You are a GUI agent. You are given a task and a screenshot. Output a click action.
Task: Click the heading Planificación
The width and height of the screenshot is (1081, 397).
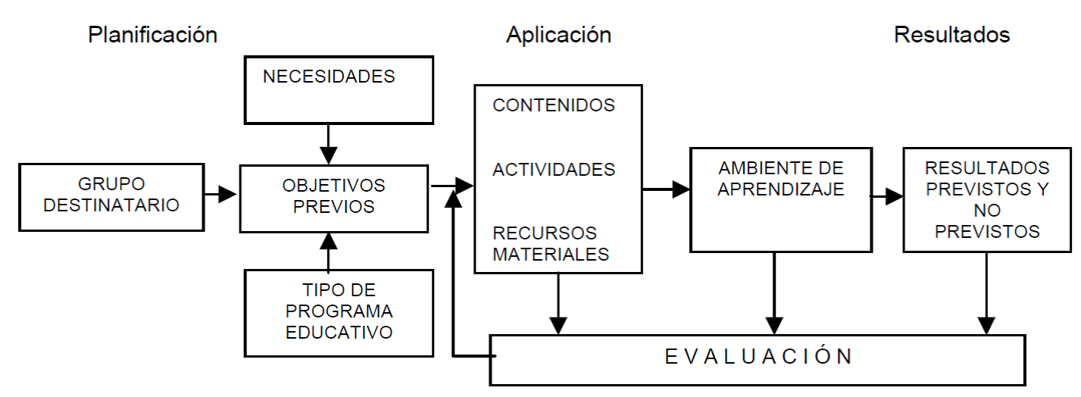coord(153,35)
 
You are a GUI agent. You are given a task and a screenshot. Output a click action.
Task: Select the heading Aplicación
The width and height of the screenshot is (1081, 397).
coord(558,35)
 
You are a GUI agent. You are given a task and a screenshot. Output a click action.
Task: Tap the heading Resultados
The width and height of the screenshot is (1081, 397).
coord(951,35)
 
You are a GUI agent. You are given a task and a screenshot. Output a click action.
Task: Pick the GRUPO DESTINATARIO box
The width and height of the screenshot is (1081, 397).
coord(111,196)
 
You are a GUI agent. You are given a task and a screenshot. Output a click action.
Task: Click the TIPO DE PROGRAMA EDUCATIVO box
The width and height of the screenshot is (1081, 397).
coord(339,311)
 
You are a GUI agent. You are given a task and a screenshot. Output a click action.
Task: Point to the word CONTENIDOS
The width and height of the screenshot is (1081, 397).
coord(554,105)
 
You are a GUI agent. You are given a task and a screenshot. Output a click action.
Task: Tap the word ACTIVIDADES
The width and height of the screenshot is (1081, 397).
coord(554,170)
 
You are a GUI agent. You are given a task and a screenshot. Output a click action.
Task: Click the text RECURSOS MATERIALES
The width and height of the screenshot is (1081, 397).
coord(551,243)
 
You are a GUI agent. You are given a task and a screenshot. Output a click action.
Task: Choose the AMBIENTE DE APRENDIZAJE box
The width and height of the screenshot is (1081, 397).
coord(780,198)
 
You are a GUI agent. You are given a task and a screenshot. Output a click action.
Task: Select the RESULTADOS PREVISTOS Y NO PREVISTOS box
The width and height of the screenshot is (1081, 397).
coord(987,198)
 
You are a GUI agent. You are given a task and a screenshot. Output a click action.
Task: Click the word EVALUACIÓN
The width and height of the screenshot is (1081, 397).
coord(758,356)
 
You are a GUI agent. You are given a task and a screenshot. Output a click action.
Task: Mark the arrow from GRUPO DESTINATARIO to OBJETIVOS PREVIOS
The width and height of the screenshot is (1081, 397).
coord(220,195)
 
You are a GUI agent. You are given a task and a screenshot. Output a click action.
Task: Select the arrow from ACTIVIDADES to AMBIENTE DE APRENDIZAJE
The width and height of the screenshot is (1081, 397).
coord(666,189)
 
